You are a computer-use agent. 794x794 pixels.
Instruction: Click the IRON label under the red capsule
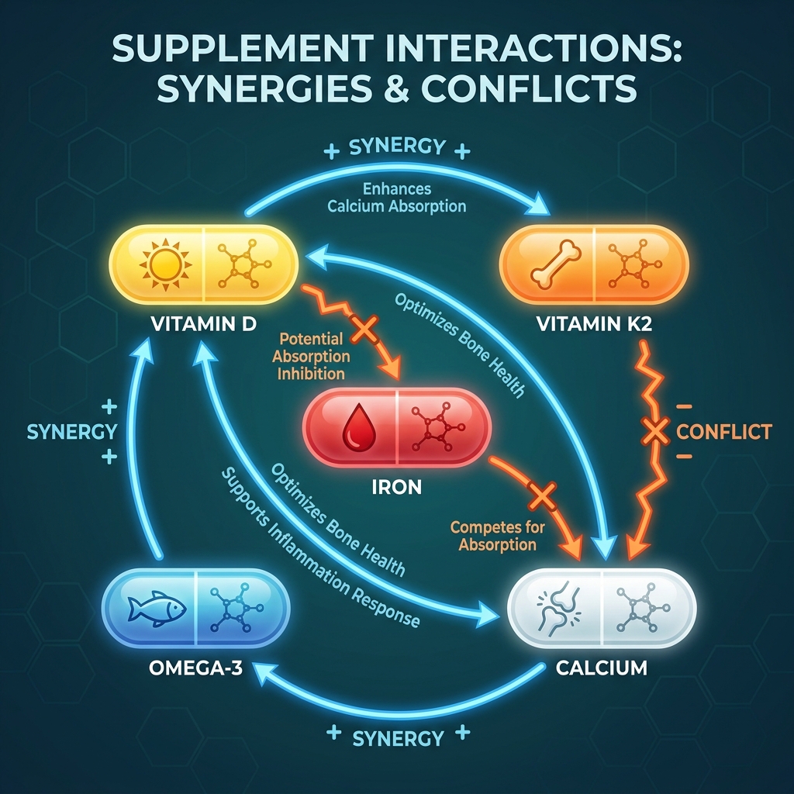click(396, 488)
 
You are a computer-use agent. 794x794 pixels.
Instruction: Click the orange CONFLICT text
click(724, 431)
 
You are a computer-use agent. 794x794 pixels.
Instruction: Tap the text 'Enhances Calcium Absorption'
click(396, 198)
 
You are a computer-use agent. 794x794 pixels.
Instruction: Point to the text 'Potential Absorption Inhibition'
click(313, 356)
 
